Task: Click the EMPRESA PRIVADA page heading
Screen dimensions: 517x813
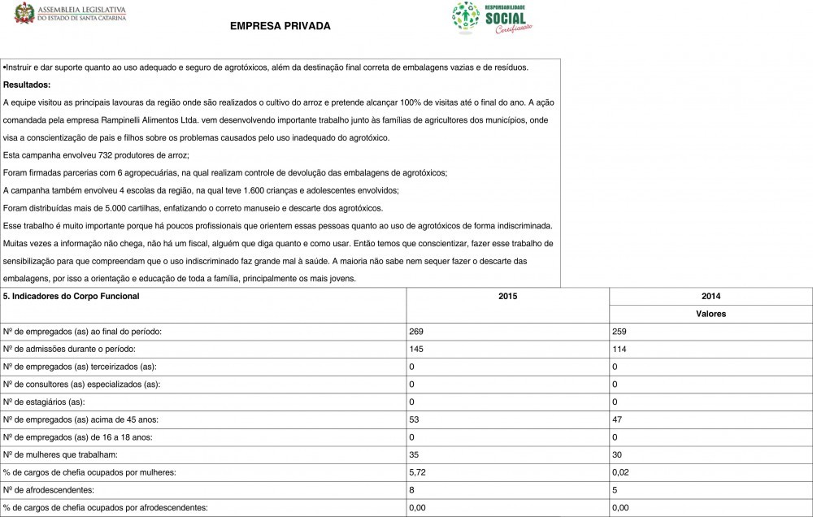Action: (280, 26)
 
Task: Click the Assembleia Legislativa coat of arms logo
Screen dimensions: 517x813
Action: (25, 12)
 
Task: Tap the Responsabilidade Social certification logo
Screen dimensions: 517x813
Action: (492, 18)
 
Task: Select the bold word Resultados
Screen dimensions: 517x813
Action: (27, 85)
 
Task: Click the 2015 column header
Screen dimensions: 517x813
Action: (507, 297)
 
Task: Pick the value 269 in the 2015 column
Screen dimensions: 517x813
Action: (417, 332)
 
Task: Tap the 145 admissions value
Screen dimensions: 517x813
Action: (417, 349)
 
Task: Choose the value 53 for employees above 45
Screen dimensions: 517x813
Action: (415, 419)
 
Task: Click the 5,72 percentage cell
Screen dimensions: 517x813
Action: (418, 472)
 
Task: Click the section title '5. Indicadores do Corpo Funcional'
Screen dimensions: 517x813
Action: (72, 297)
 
